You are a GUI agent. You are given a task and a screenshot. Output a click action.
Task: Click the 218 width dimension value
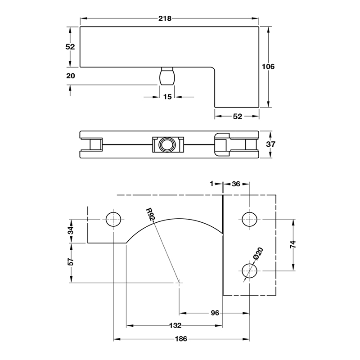point(165,18)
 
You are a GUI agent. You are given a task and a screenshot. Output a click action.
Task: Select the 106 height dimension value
point(268,67)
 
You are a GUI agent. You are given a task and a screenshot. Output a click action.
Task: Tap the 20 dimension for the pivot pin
point(71,76)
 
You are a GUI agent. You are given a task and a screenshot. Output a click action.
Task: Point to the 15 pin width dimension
point(167,97)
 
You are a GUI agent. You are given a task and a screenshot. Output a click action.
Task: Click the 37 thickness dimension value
point(270,144)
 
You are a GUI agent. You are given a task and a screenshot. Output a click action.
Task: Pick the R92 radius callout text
point(150,214)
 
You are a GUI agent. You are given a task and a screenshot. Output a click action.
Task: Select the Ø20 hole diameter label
point(258,253)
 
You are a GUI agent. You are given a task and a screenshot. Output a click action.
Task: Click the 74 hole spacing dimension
point(293,244)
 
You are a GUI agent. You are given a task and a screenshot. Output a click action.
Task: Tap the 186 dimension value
point(181,339)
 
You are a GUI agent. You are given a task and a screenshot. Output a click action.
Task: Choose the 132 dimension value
point(175,325)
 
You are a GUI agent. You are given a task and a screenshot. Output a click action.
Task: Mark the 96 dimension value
point(215,313)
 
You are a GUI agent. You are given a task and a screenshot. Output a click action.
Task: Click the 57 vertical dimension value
point(71,261)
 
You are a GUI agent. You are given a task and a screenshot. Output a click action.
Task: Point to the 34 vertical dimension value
point(71,230)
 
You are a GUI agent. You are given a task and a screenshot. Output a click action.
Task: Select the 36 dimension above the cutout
point(236,184)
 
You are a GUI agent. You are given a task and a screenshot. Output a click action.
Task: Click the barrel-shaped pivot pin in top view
point(167,76)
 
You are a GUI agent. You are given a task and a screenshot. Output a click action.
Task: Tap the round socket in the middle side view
point(167,145)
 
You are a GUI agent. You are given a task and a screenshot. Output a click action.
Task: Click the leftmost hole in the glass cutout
point(113,219)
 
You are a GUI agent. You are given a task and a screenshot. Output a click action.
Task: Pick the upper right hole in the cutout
point(249,219)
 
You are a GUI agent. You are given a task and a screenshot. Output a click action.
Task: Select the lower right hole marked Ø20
point(249,271)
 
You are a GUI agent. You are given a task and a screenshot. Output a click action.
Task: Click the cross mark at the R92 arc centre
point(179,283)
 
